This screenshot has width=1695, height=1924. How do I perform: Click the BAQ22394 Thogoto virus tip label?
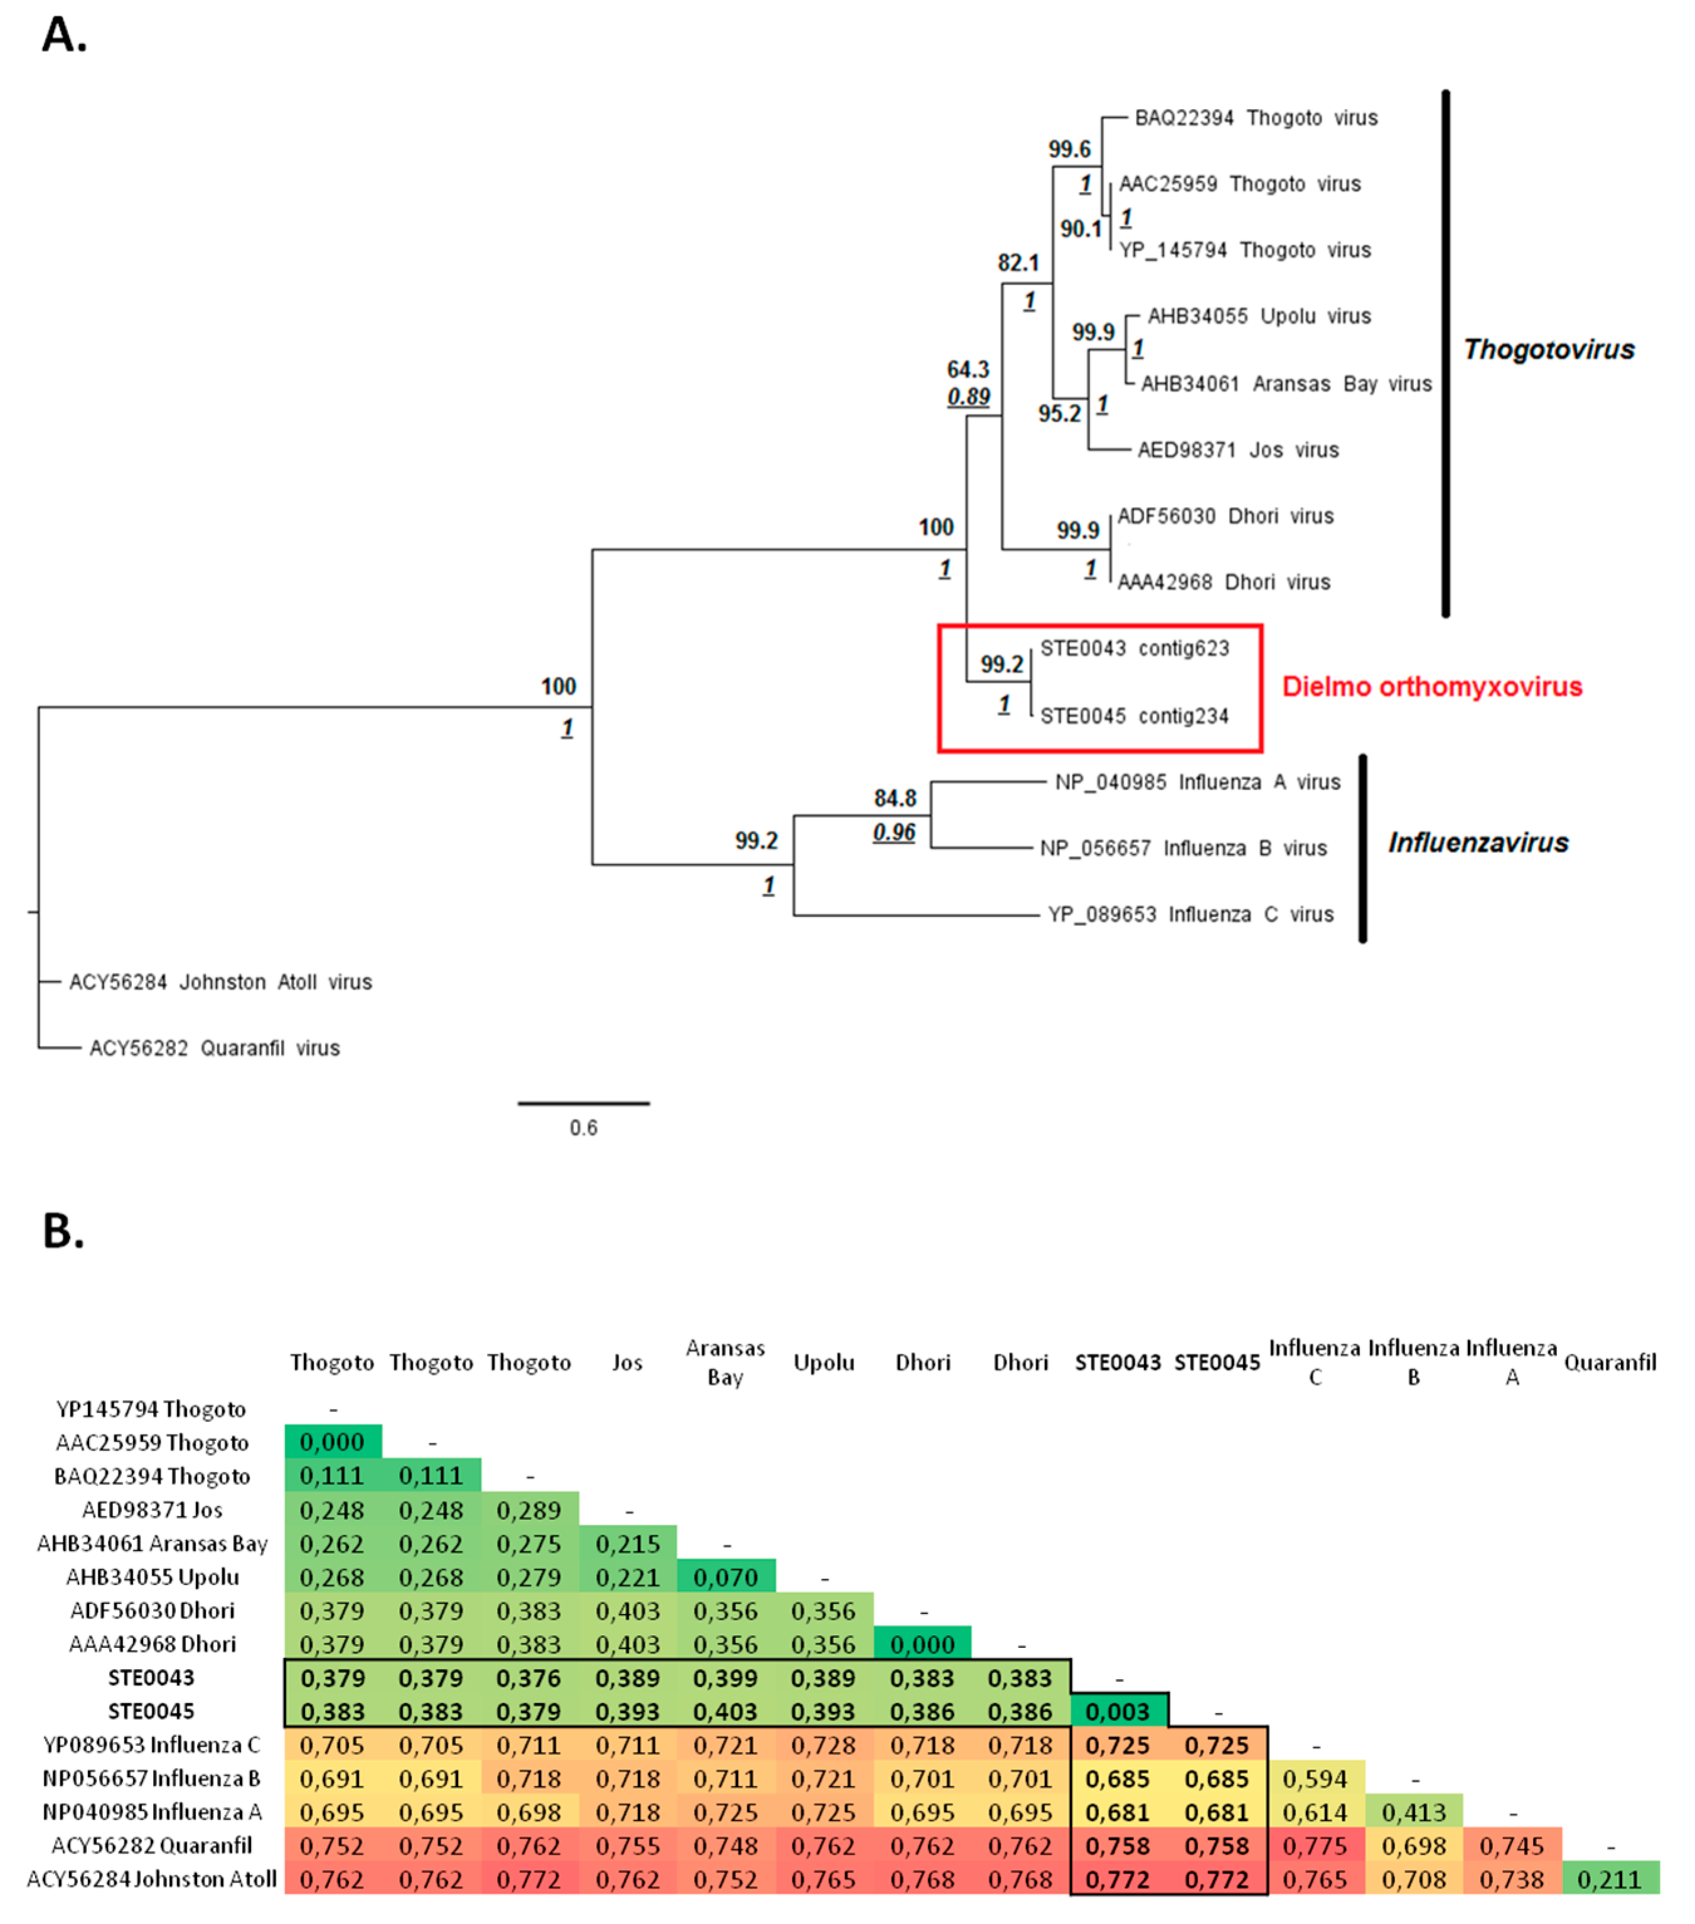[1256, 118]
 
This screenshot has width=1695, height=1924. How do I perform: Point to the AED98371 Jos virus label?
[1238, 450]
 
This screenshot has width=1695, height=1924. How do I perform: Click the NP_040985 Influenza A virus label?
[1197, 782]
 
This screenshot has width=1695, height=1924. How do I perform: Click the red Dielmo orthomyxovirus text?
[1431, 687]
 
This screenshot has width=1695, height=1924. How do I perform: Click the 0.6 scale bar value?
[584, 1128]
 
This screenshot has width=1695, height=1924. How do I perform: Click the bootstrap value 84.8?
[894, 798]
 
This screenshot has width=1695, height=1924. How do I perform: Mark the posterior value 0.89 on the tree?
[968, 397]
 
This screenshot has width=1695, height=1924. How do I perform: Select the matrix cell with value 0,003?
[1118, 1711]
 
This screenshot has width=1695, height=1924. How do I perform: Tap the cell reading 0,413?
[1414, 1812]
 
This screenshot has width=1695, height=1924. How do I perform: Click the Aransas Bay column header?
[725, 1362]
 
